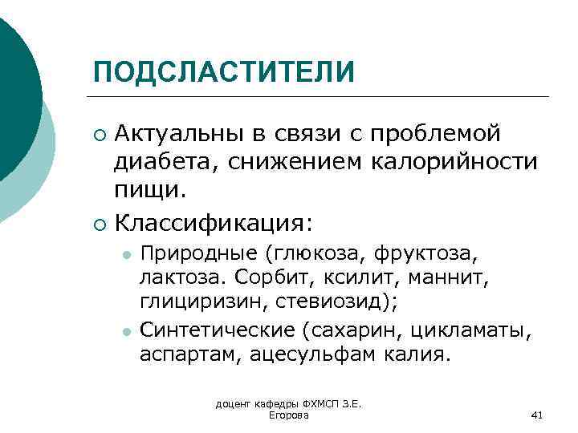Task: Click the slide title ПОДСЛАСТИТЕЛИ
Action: click(x=223, y=71)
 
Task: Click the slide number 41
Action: click(x=537, y=415)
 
